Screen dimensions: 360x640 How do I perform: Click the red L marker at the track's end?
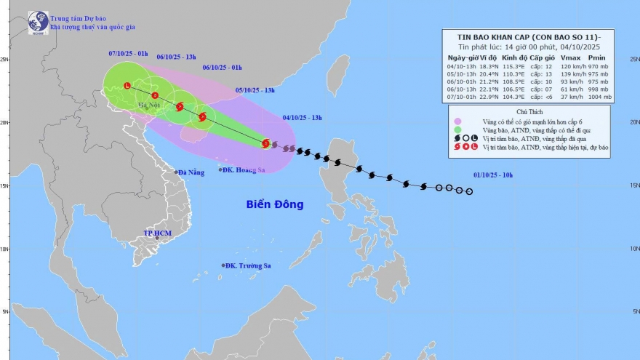[127, 86]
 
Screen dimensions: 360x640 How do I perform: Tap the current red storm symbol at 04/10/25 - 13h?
[266, 143]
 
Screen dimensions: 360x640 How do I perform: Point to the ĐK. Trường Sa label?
[247, 265]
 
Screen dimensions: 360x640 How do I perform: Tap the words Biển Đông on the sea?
[274, 204]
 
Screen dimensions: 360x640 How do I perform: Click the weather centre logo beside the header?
[38, 22]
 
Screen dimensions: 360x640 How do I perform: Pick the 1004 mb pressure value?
[599, 97]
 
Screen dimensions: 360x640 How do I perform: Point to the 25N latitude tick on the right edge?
[634, 60]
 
